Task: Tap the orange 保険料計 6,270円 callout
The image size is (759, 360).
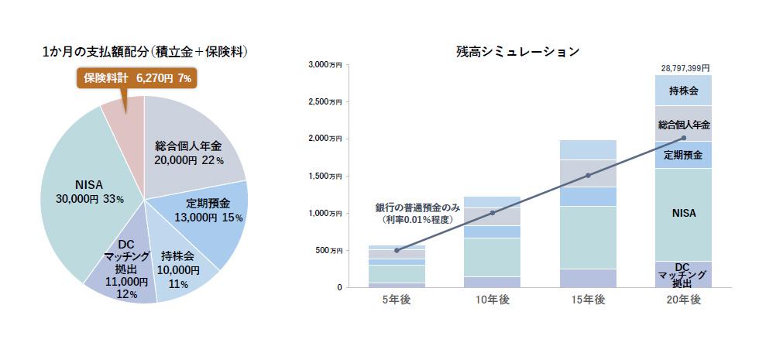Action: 137,78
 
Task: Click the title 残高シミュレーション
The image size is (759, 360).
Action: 518,52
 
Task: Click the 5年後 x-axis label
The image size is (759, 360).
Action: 397,300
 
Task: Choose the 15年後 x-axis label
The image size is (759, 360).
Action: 588,300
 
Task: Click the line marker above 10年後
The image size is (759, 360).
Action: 493,213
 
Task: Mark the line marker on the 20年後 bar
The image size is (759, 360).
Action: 684,139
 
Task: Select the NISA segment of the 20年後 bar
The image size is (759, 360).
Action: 684,213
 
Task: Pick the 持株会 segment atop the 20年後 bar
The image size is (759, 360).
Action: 684,91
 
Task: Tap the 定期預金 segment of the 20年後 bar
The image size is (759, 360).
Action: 684,155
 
